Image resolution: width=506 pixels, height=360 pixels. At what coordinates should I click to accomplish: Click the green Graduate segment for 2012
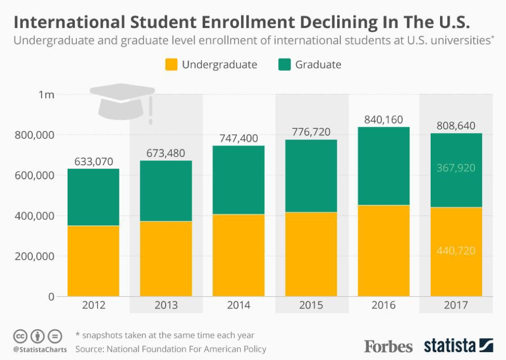94,197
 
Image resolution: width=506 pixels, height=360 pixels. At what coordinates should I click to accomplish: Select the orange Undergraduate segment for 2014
238,255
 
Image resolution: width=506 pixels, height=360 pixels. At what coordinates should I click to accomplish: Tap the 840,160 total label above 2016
384,119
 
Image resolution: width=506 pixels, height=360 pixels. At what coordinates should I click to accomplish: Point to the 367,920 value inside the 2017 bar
456,168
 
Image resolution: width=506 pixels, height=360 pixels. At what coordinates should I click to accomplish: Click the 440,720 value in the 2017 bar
456,250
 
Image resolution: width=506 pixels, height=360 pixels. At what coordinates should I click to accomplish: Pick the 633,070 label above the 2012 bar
94,161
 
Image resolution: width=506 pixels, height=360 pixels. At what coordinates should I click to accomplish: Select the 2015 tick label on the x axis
311,305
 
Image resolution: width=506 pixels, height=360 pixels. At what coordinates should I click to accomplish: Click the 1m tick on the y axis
46,95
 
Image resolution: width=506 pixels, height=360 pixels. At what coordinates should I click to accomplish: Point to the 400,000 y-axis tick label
34,216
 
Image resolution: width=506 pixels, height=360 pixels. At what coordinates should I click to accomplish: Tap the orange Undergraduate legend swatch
171,64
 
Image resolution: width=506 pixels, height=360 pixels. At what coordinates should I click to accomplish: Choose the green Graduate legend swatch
285,64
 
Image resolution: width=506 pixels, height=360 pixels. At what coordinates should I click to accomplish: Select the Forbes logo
388,346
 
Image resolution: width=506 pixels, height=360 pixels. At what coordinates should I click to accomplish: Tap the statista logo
459,345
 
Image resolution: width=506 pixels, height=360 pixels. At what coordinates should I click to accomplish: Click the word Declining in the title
339,22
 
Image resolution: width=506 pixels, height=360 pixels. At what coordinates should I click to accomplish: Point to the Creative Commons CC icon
20,337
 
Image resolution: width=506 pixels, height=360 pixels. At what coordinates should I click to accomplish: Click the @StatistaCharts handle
40,350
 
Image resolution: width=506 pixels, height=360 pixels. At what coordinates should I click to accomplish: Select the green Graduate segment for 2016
384,166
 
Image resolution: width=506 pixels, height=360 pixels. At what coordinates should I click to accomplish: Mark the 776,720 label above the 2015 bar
311,132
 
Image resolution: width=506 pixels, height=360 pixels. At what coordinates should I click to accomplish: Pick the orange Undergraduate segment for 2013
166,259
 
